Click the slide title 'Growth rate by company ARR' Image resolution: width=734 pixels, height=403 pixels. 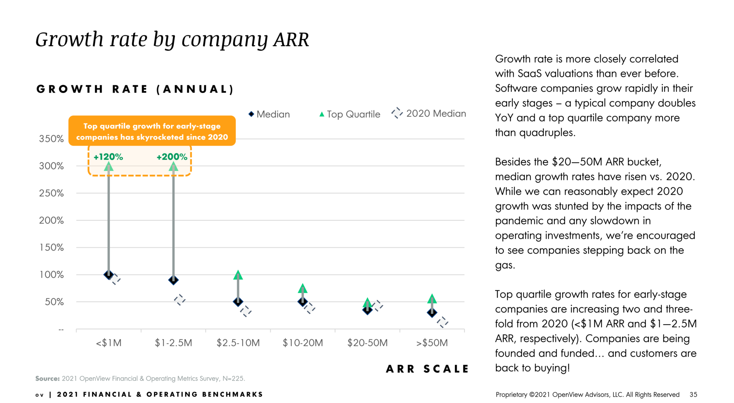click(x=172, y=39)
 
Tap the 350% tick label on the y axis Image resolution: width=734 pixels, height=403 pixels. click(x=51, y=139)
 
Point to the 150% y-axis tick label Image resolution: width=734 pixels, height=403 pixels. click(x=51, y=248)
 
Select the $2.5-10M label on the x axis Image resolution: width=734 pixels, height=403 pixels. click(x=238, y=343)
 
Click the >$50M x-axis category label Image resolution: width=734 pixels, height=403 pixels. click(x=432, y=343)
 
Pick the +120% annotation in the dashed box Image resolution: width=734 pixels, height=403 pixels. click(x=108, y=157)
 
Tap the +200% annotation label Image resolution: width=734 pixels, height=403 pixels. click(x=172, y=157)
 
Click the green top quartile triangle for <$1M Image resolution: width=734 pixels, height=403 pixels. click(x=109, y=167)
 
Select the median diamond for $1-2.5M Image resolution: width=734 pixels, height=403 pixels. click(x=173, y=280)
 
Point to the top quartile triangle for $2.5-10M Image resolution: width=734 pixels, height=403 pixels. click(x=238, y=275)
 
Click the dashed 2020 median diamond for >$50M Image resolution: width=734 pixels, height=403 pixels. click(x=443, y=322)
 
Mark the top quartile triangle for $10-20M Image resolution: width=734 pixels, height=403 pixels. click(x=303, y=288)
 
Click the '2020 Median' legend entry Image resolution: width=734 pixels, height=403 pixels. click(x=429, y=114)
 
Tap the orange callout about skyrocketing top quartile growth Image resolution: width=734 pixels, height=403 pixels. click(x=152, y=131)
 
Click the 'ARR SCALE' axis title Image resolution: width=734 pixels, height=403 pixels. click(x=427, y=369)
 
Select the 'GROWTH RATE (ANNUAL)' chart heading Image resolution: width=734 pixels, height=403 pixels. click(x=135, y=89)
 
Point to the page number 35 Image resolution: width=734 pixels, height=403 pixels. click(x=693, y=394)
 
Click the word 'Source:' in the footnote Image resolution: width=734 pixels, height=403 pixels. click(x=47, y=379)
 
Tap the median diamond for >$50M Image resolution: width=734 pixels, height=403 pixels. click(x=432, y=312)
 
